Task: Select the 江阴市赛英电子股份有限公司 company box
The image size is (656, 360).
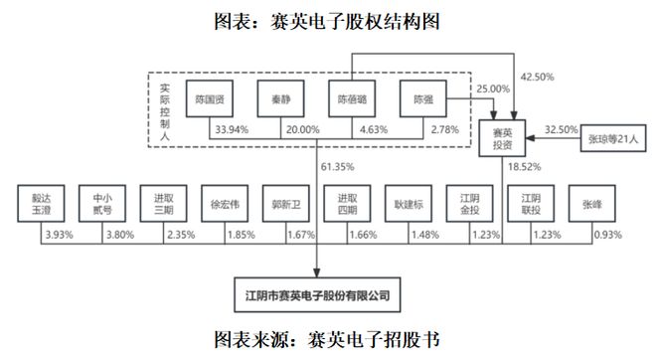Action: [317, 295]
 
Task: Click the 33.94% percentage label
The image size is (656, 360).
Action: [232, 128]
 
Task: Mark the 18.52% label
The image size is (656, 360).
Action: [521, 166]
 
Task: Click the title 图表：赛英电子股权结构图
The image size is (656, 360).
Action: [327, 20]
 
